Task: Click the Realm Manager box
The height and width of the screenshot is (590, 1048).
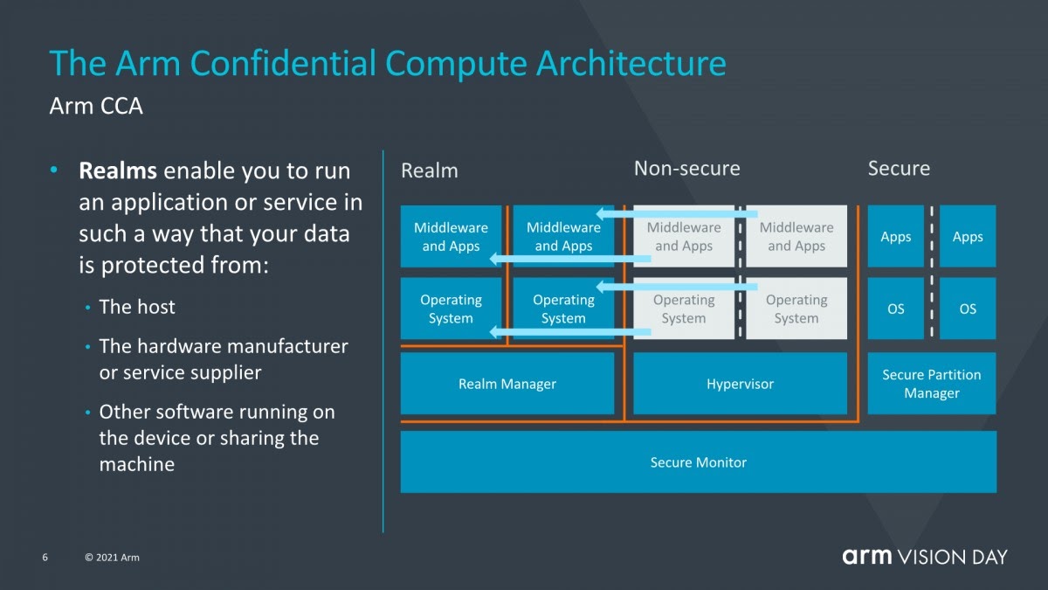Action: tap(507, 384)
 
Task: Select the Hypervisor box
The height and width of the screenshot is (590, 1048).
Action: tap(740, 384)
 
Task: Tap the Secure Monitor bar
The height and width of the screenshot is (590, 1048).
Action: tap(698, 462)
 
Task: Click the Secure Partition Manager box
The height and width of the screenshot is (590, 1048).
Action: tap(931, 384)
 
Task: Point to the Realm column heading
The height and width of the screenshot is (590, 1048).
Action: tap(429, 170)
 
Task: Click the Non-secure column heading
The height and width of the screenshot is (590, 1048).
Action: tap(686, 169)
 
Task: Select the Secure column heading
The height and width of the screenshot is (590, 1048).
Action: tap(899, 169)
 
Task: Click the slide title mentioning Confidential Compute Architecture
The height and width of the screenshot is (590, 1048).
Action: tap(387, 64)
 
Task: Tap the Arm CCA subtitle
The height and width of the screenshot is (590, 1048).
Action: tap(96, 107)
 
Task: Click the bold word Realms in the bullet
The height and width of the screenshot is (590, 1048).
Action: tap(118, 170)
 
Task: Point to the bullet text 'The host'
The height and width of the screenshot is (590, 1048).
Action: tap(137, 307)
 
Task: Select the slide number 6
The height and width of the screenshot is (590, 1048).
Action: tap(45, 558)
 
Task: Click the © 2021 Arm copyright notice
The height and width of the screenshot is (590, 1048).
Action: tap(112, 558)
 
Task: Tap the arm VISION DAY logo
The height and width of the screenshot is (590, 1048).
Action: tap(924, 557)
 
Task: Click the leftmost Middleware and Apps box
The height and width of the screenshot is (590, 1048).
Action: tap(451, 236)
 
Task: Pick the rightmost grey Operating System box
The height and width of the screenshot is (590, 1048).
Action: tap(796, 309)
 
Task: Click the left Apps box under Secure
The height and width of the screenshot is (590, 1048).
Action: tap(895, 237)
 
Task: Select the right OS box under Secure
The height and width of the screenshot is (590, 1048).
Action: tap(968, 309)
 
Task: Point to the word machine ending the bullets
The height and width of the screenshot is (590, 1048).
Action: tap(137, 464)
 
